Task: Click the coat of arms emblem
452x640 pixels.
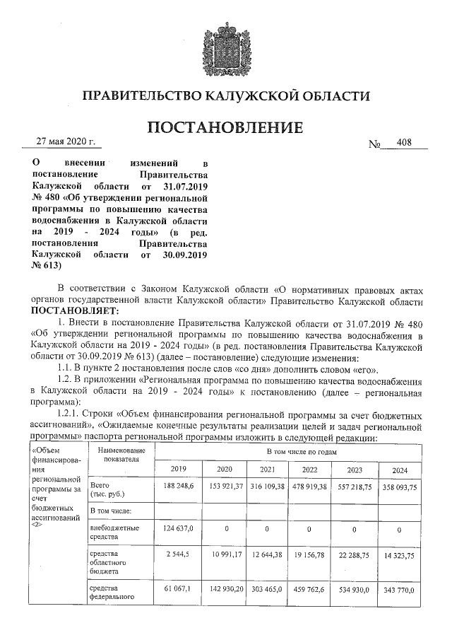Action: click(x=225, y=43)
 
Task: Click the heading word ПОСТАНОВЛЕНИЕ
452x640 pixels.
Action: click(x=225, y=128)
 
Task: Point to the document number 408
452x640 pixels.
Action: click(x=405, y=143)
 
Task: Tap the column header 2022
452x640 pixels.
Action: click(x=310, y=470)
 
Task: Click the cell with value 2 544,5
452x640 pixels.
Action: click(x=183, y=555)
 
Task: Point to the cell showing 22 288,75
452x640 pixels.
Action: click(x=355, y=556)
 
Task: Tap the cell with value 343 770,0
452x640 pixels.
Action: click(x=399, y=589)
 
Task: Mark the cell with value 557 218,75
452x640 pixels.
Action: click(x=355, y=488)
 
